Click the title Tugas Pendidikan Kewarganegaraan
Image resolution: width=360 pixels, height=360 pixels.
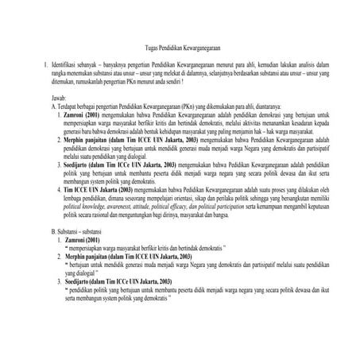pos(180,48)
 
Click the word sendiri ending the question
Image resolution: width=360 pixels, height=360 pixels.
pos(172,81)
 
